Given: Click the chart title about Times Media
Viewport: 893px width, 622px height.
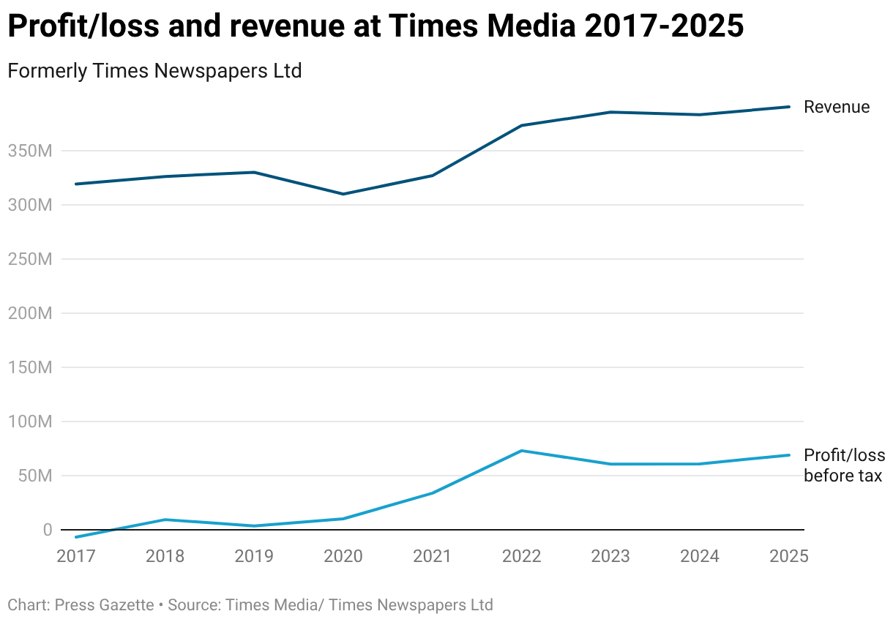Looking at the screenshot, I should click(x=375, y=27).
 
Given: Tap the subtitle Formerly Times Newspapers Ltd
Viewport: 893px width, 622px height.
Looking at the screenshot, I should click(x=154, y=71).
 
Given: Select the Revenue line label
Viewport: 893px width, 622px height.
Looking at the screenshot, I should click(x=837, y=107).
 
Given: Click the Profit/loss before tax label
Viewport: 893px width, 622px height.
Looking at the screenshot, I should click(x=844, y=465).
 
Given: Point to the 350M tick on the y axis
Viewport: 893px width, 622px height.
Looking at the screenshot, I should click(x=31, y=151).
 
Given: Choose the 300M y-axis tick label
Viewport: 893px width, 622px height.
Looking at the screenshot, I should click(x=31, y=206).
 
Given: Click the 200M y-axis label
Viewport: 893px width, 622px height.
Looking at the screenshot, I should click(x=31, y=314).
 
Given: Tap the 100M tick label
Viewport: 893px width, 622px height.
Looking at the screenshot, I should click(x=31, y=422).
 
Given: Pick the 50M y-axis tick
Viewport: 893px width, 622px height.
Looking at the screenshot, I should click(x=35, y=476).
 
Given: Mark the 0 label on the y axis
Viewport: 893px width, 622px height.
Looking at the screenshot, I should click(x=47, y=530).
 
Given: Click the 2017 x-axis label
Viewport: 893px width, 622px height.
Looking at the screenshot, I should click(x=76, y=556).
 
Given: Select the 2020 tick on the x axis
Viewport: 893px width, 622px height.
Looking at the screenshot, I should click(x=343, y=556).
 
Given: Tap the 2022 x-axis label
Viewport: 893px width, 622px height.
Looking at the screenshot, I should click(x=521, y=556).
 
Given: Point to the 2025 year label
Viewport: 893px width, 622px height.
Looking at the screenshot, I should click(x=788, y=556).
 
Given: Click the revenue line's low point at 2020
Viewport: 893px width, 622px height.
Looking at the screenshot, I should click(x=343, y=194).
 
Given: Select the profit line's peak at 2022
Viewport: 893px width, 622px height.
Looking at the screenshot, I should click(x=521, y=451).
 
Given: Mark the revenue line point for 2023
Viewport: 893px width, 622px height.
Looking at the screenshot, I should click(x=610, y=112).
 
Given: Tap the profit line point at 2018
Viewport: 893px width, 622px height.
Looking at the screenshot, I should click(x=165, y=520).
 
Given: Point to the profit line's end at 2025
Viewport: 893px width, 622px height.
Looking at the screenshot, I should click(x=789, y=455).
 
